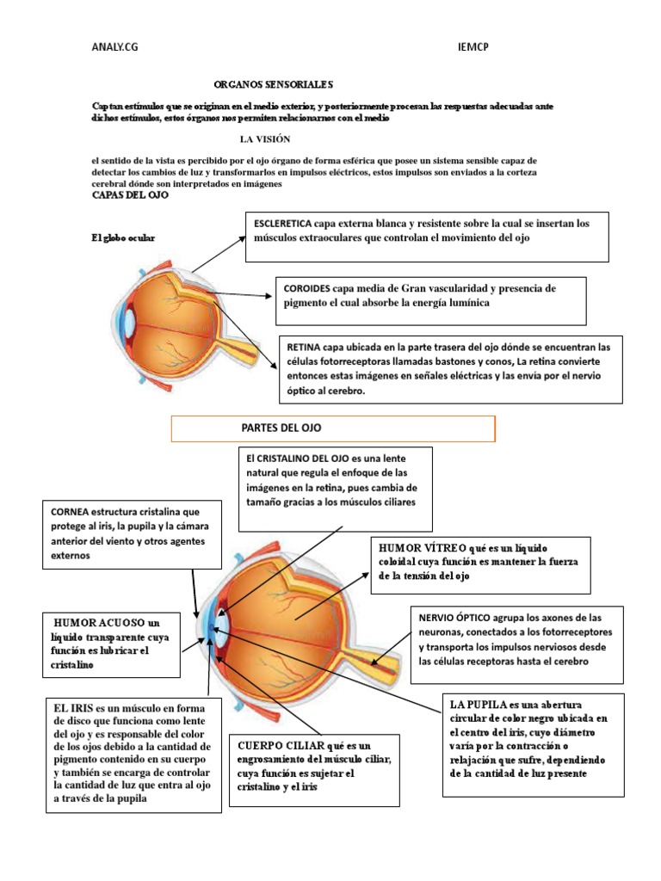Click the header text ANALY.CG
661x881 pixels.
click(x=114, y=48)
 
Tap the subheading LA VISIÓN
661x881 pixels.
click(x=265, y=139)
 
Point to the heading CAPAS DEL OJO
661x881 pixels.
click(x=130, y=195)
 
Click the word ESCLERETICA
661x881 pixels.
click(x=282, y=224)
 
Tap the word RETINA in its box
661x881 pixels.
click(x=305, y=348)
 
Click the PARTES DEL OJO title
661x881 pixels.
click(x=281, y=428)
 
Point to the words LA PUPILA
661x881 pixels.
click(x=477, y=704)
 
